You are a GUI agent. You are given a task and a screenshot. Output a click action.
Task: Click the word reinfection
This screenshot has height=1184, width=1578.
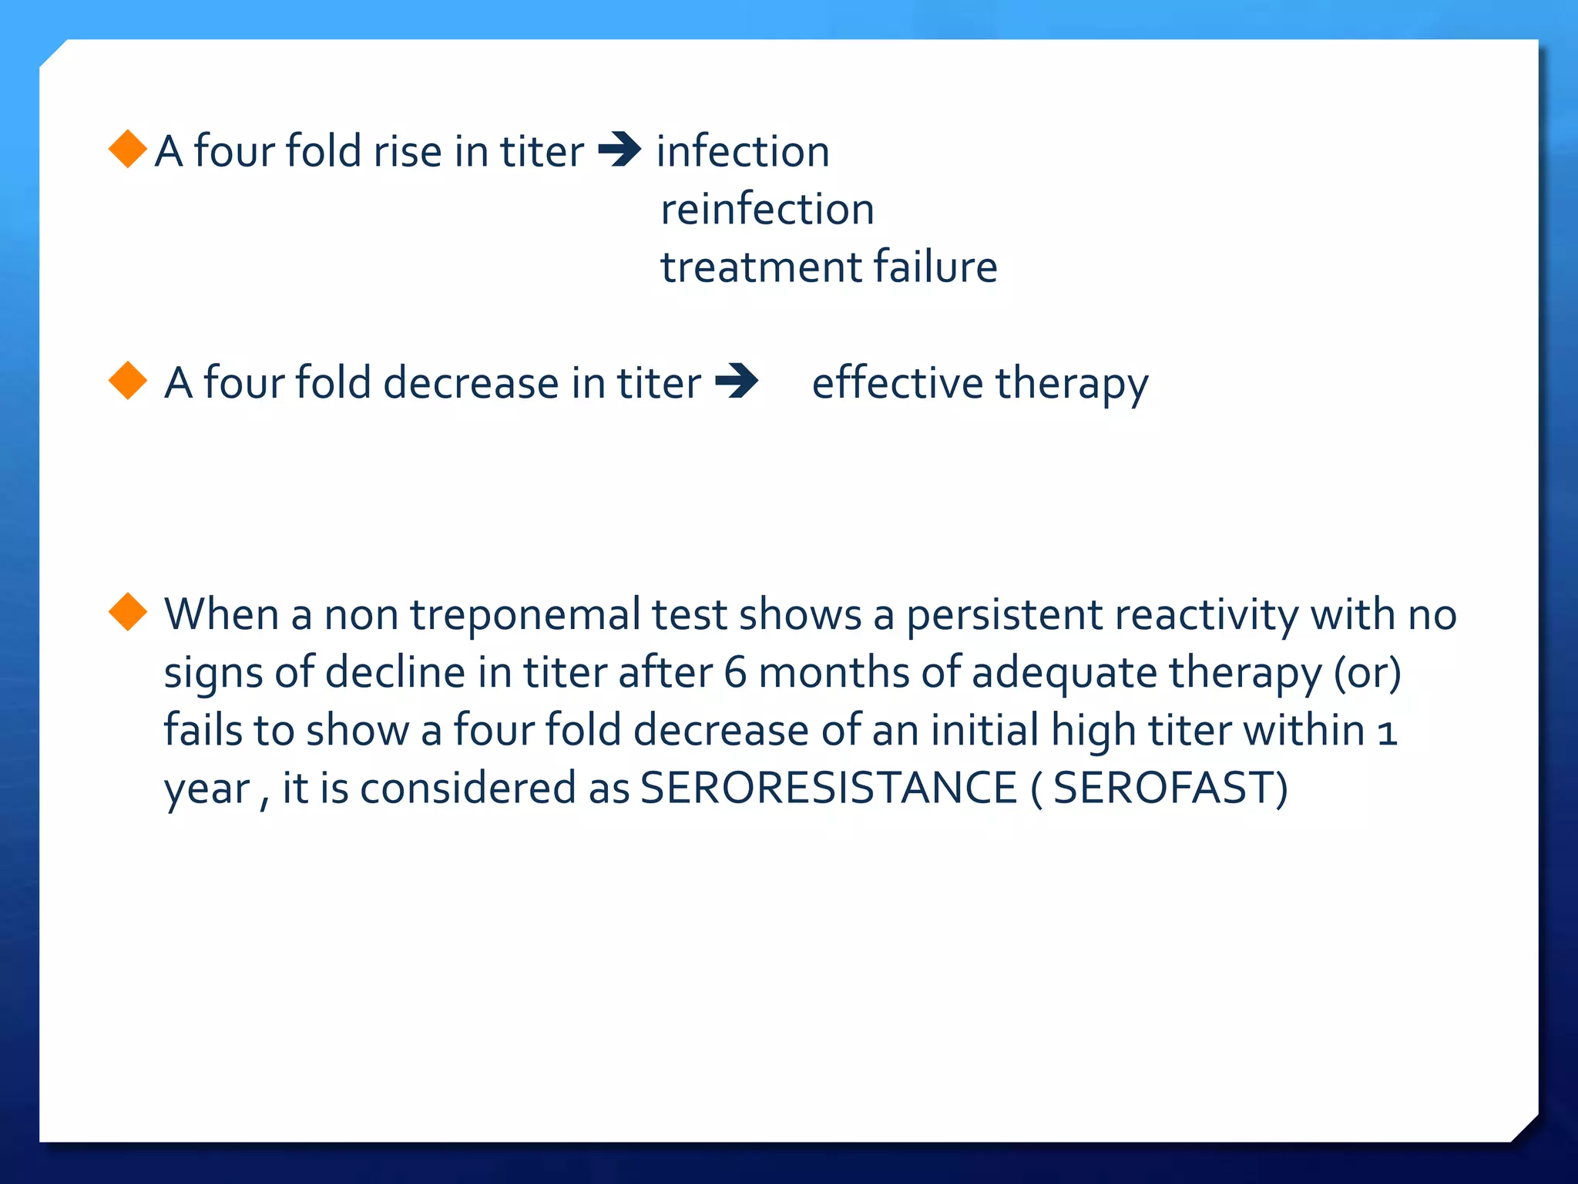(x=767, y=210)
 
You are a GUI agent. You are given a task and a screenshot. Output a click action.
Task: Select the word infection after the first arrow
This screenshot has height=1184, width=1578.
(x=743, y=151)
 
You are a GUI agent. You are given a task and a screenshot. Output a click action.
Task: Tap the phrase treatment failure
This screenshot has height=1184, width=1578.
(x=828, y=267)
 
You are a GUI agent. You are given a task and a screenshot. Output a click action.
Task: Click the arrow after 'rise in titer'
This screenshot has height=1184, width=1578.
(x=619, y=150)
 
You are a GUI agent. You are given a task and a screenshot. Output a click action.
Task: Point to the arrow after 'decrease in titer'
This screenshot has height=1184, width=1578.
(x=737, y=381)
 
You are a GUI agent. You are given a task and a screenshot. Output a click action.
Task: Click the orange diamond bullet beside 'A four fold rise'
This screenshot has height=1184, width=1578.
(x=128, y=149)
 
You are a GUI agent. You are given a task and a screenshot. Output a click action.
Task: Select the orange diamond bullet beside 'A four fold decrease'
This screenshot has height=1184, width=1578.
(x=128, y=381)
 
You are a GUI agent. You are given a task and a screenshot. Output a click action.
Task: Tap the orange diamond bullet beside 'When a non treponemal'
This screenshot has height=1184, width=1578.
(x=128, y=612)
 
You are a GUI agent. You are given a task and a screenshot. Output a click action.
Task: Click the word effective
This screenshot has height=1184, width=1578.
(x=898, y=383)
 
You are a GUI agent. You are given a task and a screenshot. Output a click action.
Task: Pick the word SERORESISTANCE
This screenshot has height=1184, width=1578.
(x=828, y=789)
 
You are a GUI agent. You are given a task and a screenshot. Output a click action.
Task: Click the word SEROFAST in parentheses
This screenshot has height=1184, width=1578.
(x=1164, y=789)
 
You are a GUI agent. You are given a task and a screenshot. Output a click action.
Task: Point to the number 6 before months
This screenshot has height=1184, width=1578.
(x=735, y=672)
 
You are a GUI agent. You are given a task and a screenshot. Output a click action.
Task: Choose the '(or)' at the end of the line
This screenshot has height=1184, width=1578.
(x=1367, y=672)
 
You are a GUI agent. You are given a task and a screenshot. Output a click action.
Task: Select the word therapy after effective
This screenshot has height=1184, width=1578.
(x=1071, y=385)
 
